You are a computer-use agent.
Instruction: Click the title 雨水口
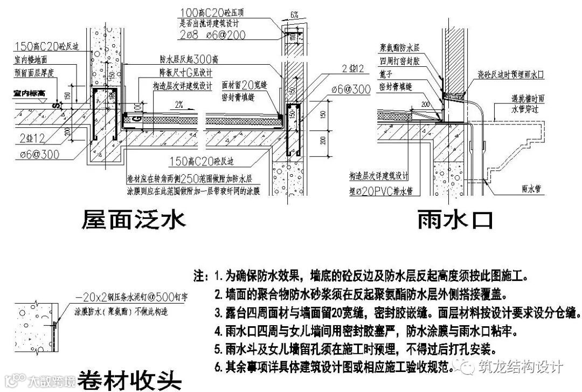click(x=454, y=221)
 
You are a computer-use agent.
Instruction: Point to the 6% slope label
click(x=294, y=15)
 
